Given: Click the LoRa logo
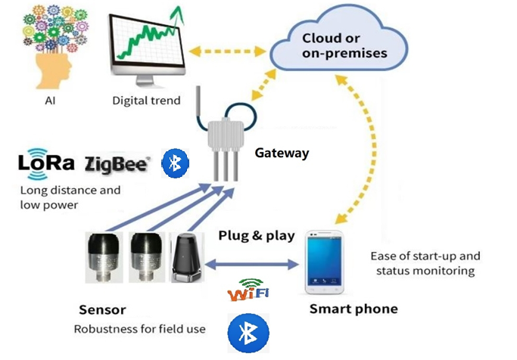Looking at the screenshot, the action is click(x=46, y=163).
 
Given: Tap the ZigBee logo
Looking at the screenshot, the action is click(x=117, y=164).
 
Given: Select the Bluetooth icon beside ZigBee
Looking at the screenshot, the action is click(x=175, y=163).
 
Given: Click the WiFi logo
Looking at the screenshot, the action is click(x=248, y=290).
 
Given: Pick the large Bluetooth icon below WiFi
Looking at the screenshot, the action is click(x=248, y=333).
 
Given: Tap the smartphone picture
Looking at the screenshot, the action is click(x=325, y=262).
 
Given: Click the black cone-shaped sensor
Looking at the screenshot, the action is click(x=187, y=257).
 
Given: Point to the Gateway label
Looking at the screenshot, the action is click(x=282, y=154).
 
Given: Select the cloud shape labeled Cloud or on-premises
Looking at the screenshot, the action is click(x=338, y=39).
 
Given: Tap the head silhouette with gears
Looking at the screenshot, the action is click(x=55, y=47).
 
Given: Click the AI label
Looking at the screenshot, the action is click(x=50, y=101).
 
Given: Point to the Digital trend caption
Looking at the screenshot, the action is click(x=146, y=101).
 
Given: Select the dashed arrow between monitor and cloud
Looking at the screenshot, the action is click(x=228, y=51).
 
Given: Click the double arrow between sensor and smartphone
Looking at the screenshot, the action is click(x=252, y=264).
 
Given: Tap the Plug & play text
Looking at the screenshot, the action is click(x=257, y=236).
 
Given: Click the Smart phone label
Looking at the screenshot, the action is click(x=353, y=309).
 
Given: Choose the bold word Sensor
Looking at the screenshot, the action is click(x=102, y=310).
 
